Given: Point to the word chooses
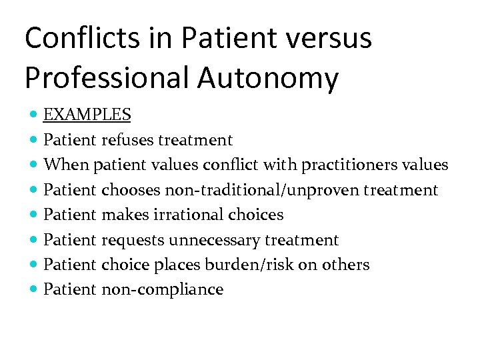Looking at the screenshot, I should (x=129, y=190).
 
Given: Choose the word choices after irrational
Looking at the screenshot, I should (x=256, y=215).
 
